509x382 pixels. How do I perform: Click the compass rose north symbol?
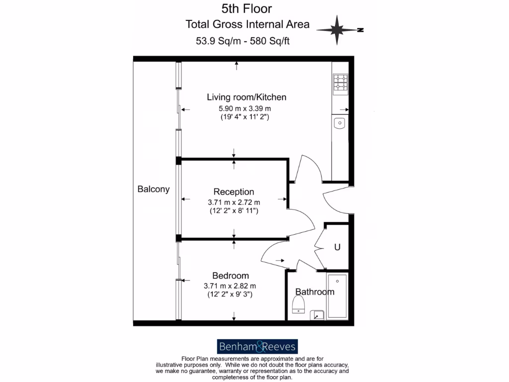338,30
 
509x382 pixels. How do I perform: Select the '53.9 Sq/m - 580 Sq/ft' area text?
243,41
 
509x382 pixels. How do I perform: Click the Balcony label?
154,189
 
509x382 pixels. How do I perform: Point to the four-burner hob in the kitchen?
340,83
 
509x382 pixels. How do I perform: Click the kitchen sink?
340,122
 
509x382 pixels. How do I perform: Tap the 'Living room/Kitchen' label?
247,97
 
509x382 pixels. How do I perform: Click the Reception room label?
234,191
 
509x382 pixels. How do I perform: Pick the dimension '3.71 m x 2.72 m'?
234,202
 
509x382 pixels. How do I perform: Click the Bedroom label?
231,276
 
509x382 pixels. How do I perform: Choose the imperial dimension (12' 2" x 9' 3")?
230,294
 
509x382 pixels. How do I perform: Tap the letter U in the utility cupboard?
337,247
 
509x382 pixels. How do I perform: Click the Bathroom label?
315,291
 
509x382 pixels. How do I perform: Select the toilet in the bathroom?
298,304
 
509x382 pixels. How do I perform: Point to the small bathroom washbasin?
317,315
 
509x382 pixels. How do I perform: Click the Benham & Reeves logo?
257,347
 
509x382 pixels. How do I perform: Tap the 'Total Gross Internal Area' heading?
247,24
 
